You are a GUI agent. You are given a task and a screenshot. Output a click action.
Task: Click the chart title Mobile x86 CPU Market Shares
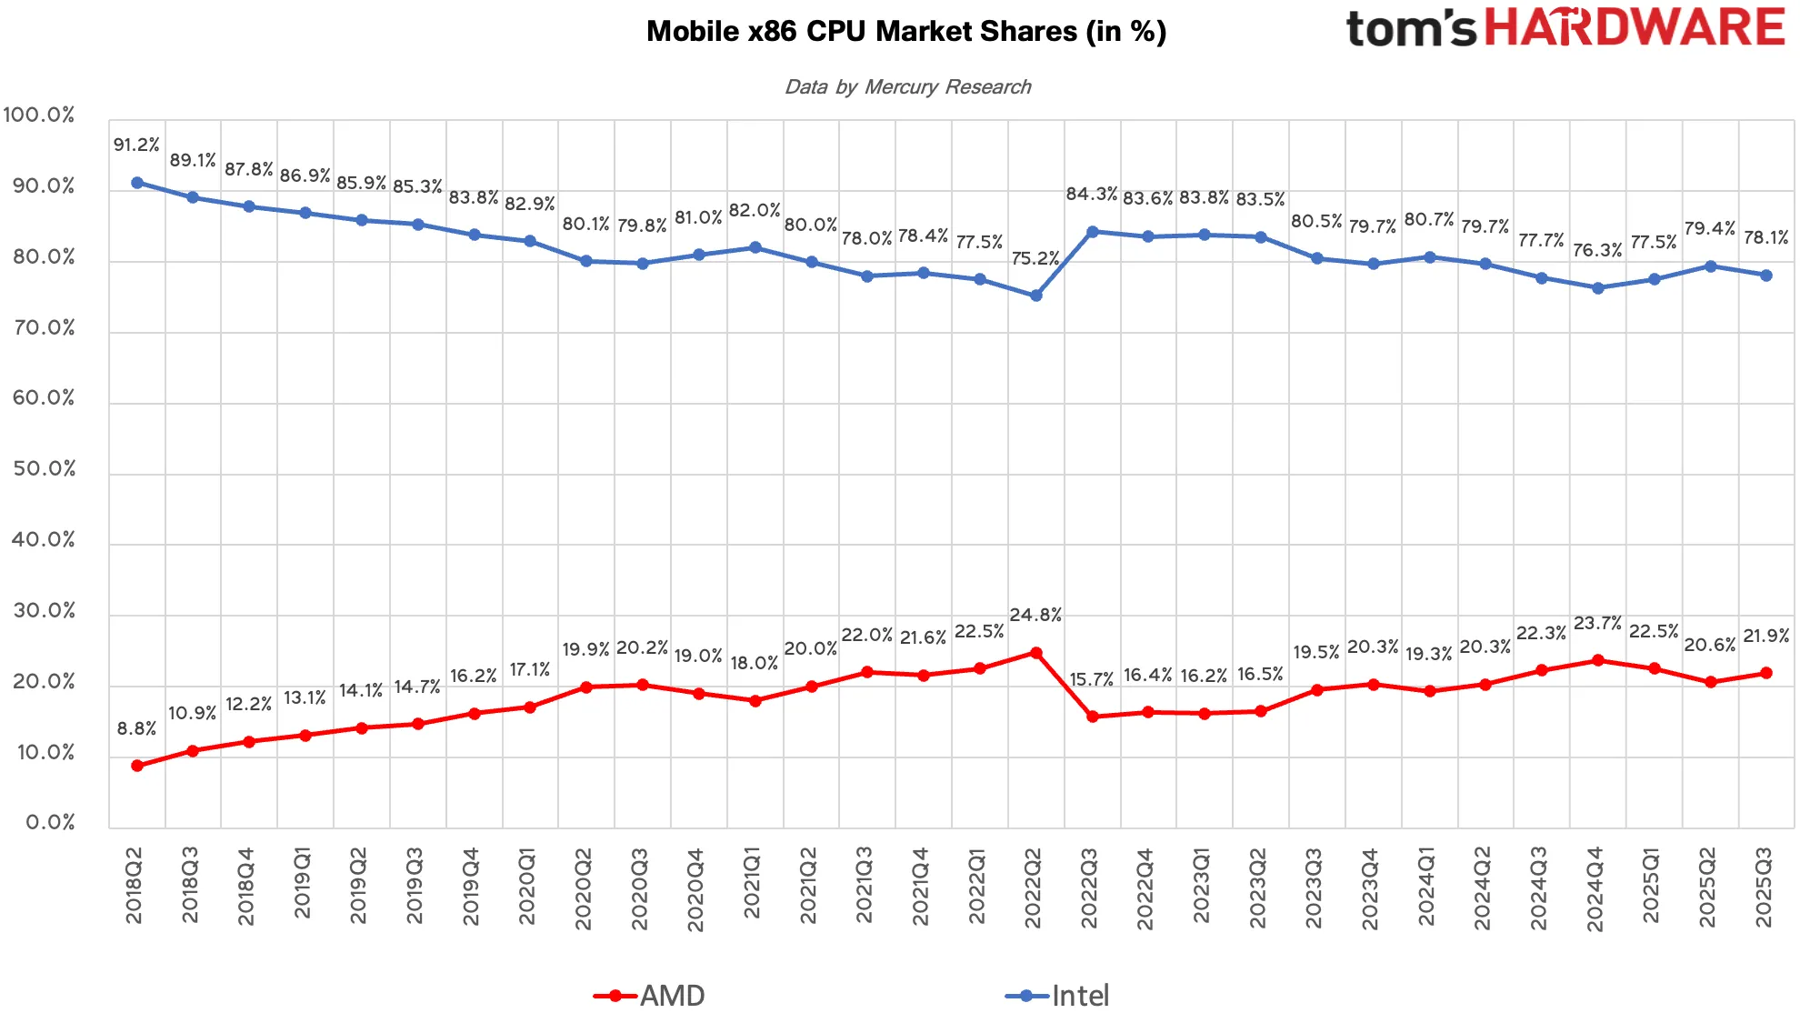(906, 32)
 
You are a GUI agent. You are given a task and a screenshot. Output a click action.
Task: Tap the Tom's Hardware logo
(1565, 27)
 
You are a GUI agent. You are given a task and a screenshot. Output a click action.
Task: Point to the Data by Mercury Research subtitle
(907, 86)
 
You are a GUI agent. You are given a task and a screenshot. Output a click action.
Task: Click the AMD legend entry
(649, 996)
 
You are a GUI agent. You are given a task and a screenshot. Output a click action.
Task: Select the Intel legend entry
(1057, 996)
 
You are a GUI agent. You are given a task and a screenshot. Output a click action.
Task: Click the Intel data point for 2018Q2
(137, 183)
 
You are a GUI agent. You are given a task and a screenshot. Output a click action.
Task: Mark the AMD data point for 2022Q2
(1035, 653)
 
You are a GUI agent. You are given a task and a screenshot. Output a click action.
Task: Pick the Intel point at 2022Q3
(1092, 232)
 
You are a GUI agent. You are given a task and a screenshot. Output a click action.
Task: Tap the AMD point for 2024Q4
(1597, 660)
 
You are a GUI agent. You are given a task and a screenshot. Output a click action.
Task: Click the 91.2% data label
(136, 145)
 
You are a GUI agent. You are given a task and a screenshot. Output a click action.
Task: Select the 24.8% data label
(1035, 615)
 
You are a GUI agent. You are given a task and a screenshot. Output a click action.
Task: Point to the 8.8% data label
(136, 728)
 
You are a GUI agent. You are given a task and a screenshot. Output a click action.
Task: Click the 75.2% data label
(1035, 258)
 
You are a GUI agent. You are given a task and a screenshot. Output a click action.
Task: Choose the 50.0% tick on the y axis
(44, 468)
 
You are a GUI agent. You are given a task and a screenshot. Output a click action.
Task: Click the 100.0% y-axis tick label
(39, 115)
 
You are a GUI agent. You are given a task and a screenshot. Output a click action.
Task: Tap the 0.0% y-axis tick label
(50, 822)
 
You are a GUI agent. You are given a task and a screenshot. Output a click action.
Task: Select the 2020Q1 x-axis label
(527, 887)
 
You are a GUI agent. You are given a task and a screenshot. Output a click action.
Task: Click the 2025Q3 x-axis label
(1764, 888)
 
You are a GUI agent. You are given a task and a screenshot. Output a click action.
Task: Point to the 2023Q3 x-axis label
(1314, 888)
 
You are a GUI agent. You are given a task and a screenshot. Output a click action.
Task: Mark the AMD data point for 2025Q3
(1766, 673)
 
